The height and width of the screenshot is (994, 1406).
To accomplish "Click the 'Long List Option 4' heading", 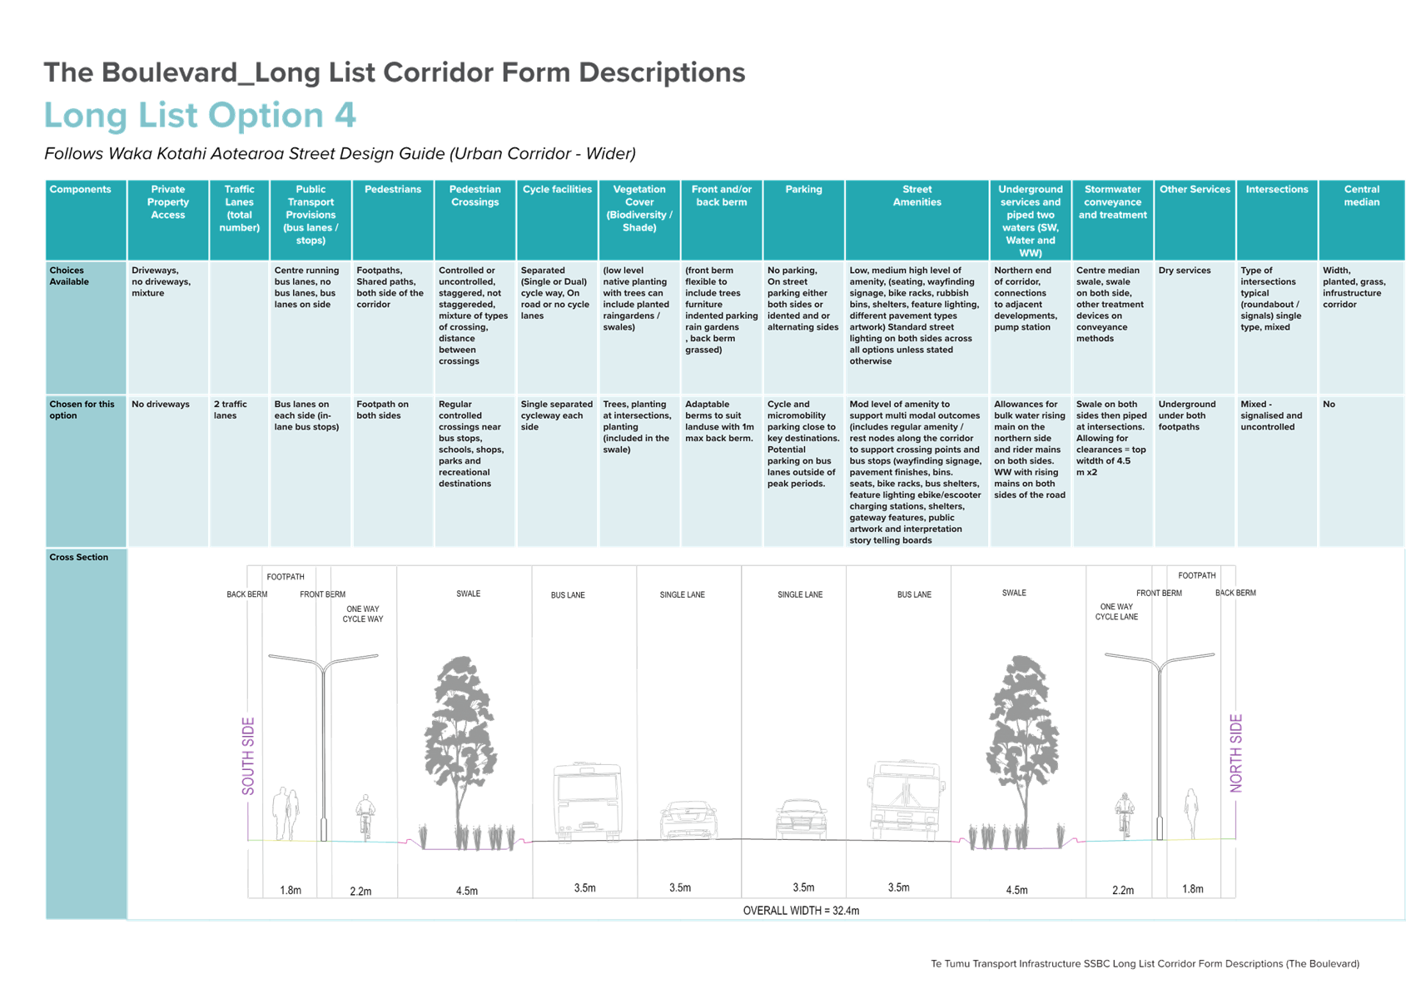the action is [200, 116].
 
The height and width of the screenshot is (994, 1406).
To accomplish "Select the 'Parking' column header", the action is [803, 190].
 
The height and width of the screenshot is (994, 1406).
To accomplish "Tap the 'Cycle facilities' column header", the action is [558, 190].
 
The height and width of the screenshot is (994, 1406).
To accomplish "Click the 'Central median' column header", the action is [1361, 196].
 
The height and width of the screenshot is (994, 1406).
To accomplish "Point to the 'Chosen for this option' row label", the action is [82, 410].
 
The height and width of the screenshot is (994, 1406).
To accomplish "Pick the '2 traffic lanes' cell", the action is [231, 410].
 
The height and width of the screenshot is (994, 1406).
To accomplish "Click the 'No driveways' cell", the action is [161, 404].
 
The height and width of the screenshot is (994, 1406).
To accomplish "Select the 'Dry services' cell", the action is [1185, 271].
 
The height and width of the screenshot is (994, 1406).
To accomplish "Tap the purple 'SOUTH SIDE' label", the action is [249, 756].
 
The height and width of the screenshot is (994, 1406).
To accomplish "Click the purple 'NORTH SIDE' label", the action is [1236, 753].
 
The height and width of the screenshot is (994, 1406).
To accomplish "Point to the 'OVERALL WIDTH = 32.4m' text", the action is [801, 911].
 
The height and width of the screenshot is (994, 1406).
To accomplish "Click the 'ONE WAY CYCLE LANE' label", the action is [1116, 612].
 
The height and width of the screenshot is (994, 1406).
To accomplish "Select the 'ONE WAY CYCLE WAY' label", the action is [363, 614].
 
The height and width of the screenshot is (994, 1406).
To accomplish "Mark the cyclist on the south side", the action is [365, 817].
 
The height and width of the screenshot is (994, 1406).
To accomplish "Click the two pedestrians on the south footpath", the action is [286, 813].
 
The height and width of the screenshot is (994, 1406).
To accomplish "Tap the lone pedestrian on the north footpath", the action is [1190, 813].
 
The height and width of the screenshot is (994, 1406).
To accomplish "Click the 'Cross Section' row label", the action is [78, 557].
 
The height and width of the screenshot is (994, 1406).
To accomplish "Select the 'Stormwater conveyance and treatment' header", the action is [1113, 202].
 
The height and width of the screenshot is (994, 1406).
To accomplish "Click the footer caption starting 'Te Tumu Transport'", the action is [1145, 964].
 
